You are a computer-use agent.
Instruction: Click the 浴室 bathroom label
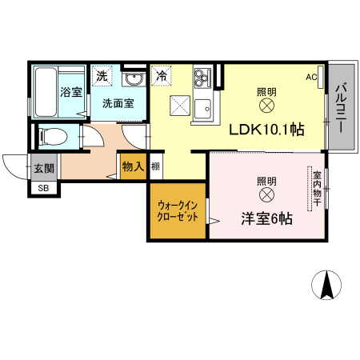coord(71,91)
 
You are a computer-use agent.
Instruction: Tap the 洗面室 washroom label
coord(118,103)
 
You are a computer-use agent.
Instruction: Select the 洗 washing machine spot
coord(102,76)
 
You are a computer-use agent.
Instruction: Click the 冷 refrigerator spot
coord(162,77)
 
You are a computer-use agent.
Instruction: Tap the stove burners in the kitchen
coord(201,78)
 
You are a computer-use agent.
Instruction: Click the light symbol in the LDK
coord(266,105)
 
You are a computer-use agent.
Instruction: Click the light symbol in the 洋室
coord(266,194)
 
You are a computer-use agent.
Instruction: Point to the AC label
coord(311,78)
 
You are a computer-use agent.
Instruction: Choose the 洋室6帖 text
coord(266,218)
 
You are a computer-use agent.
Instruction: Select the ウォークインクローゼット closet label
coord(178,210)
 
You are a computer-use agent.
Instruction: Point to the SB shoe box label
coord(42,189)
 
